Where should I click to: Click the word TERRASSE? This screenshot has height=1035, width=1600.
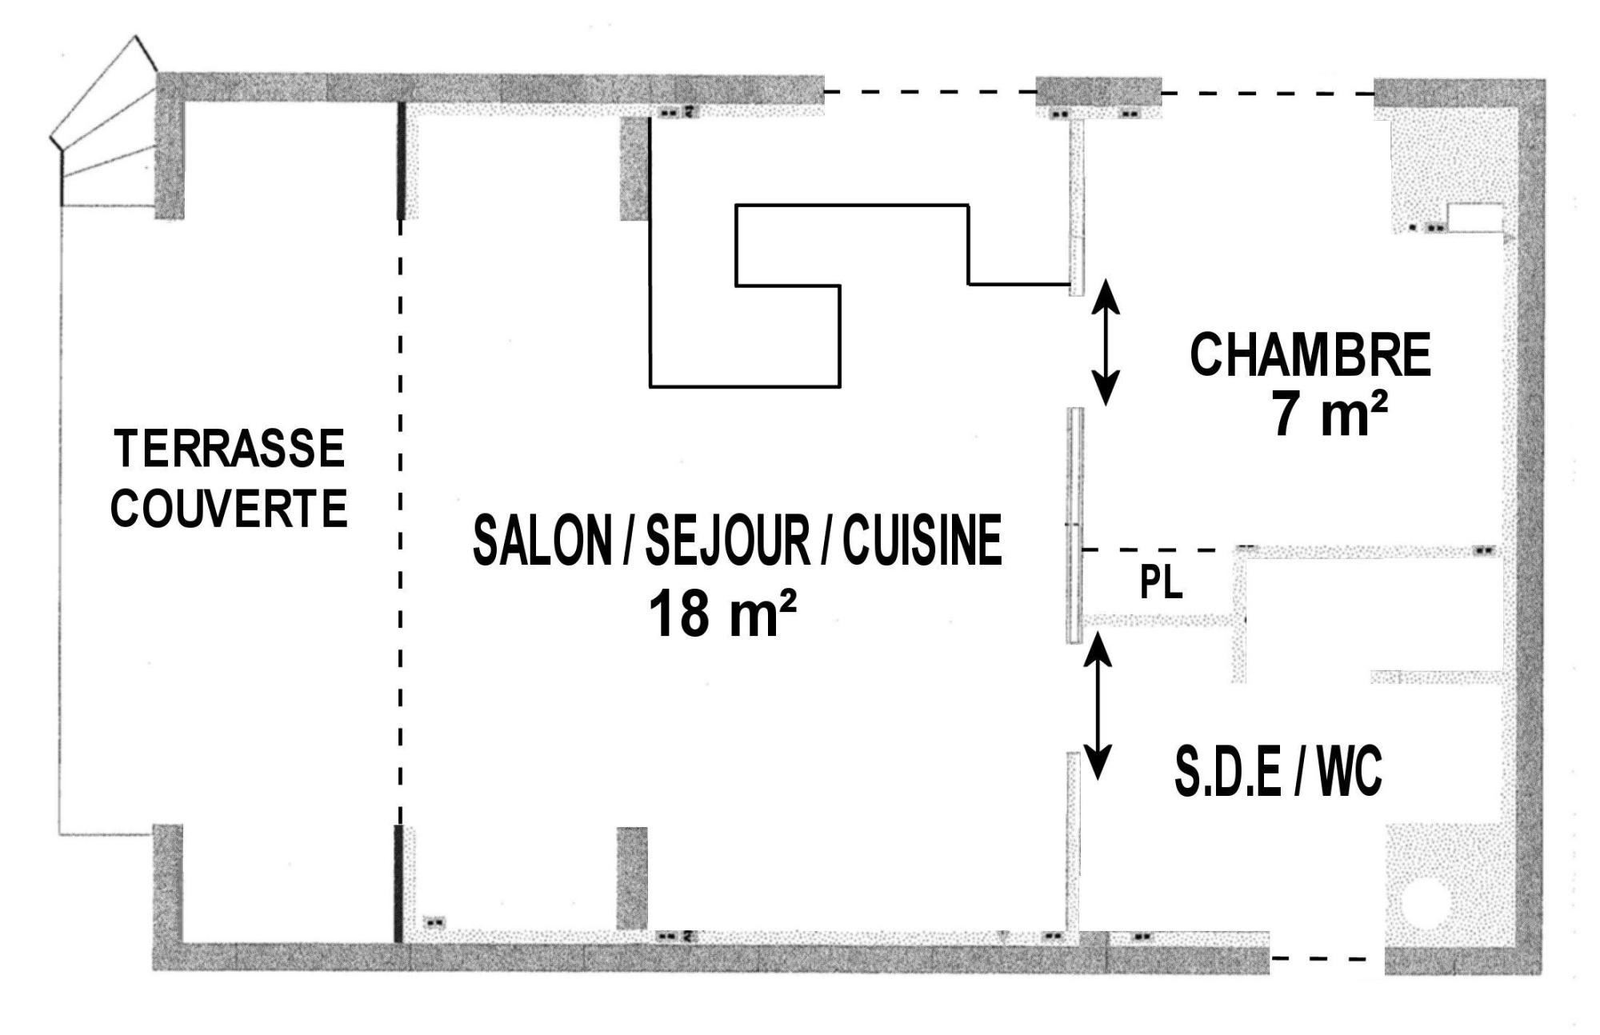(x=230, y=449)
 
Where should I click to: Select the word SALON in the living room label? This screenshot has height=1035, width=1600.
(x=542, y=540)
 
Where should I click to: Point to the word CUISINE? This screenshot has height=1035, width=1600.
(x=922, y=540)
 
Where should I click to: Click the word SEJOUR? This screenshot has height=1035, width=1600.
(x=727, y=540)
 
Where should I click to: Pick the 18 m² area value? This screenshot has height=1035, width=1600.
(x=722, y=613)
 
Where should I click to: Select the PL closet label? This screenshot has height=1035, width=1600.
(x=1161, y=583)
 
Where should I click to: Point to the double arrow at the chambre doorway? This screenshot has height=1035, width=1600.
(x=1106, y=342)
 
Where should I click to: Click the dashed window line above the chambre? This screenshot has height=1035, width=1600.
(x=1267, y=93)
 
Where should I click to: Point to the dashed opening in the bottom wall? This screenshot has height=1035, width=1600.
(x=1327, y=957)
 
